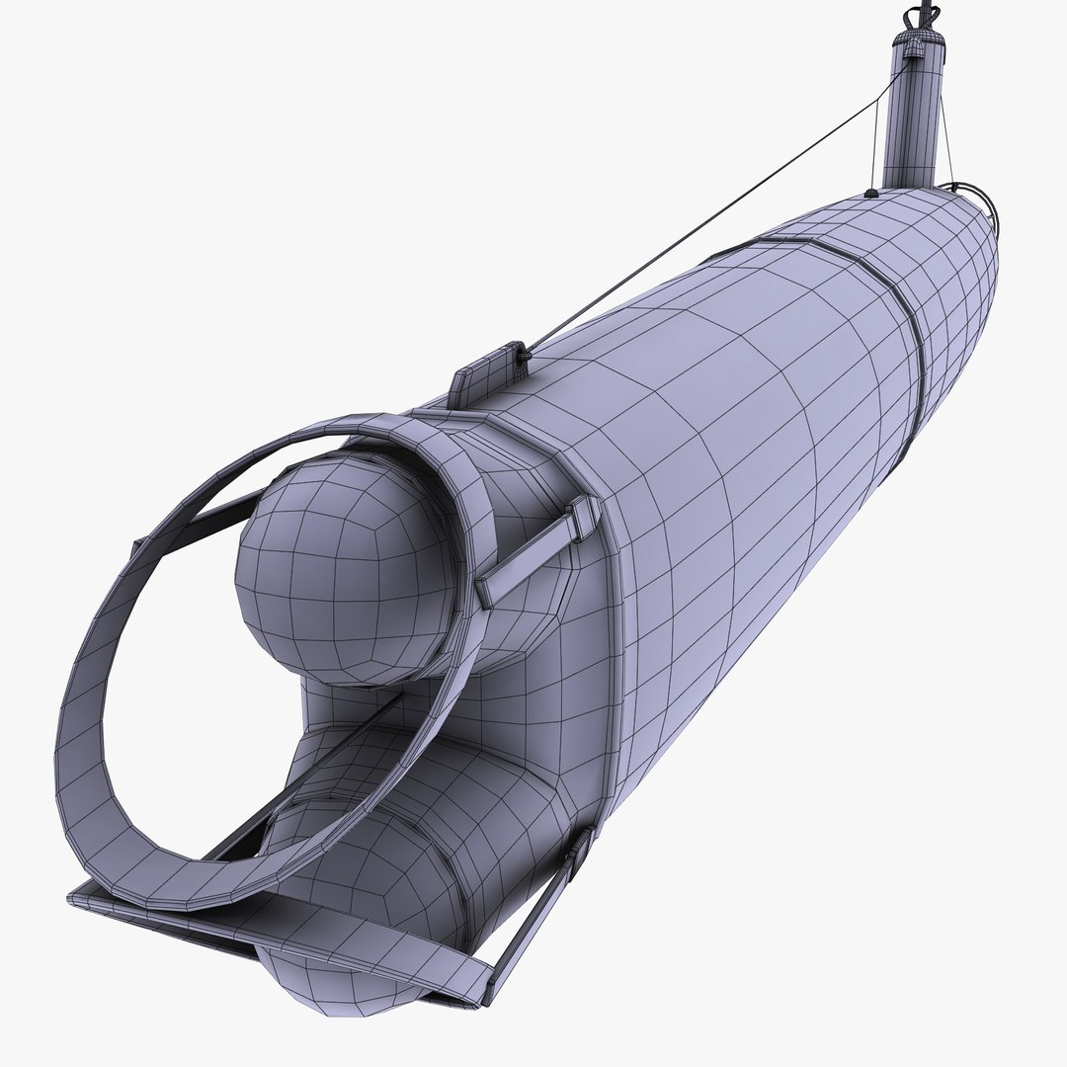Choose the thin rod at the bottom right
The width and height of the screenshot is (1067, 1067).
tap(533, 919)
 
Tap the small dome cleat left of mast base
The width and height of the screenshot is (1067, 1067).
tap(870, 193)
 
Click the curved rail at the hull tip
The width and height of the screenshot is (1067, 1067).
tap(973, 193)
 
